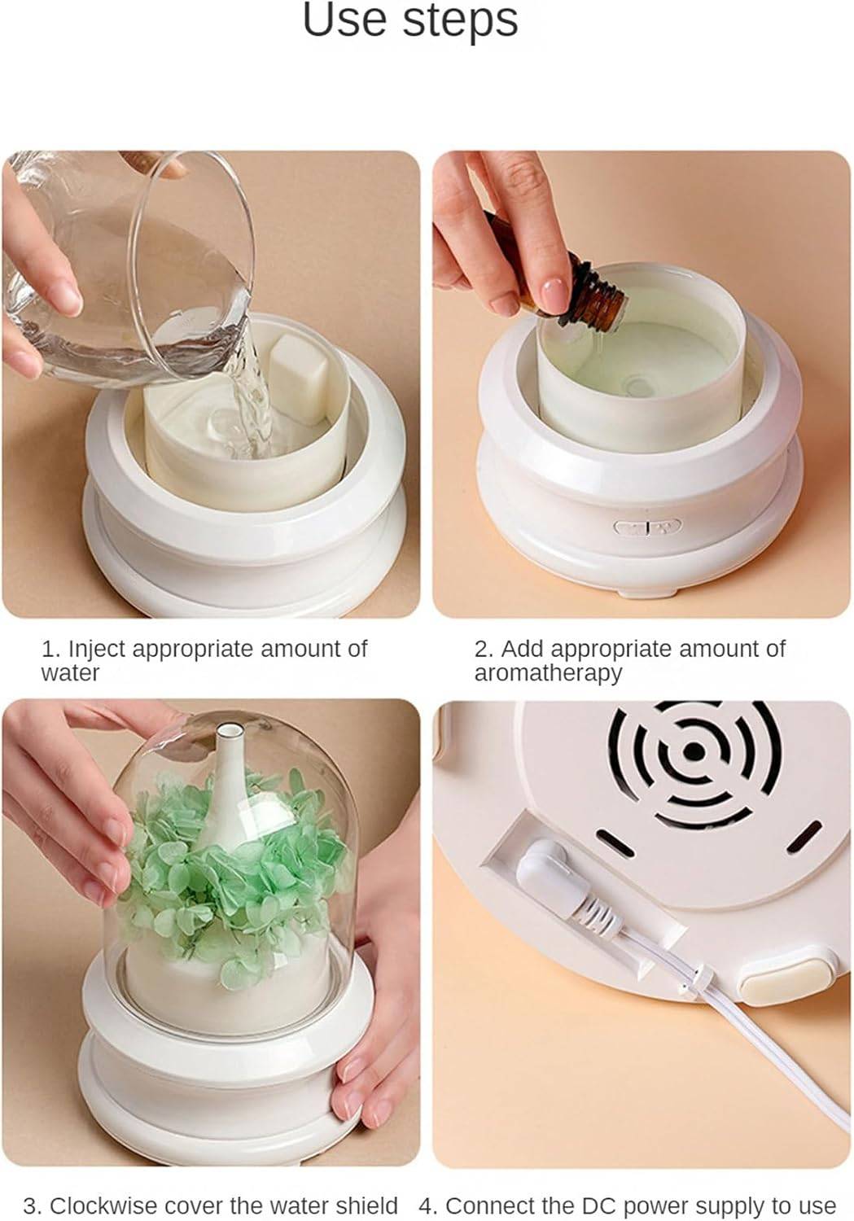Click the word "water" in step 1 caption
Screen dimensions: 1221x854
tap(70, 673)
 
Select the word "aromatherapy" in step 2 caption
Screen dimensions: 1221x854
tap(548, 673)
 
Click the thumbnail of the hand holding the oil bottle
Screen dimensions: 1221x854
tap(641, 383)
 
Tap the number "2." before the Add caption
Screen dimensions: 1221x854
tap(484, 649)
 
